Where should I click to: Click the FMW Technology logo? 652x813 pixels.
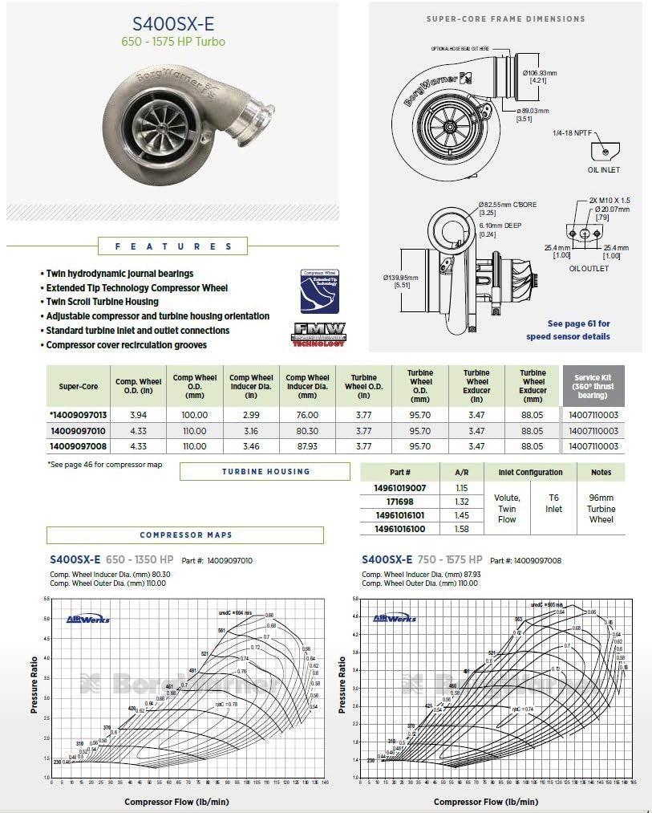tap(318, 333)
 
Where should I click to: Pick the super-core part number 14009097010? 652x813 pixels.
tap(78, 431)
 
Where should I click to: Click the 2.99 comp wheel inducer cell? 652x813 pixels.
tap(251, 415)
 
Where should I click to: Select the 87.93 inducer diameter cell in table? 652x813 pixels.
tap(307, 446)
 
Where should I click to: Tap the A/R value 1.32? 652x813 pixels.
tap(461, 502)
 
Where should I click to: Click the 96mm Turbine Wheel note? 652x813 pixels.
tap(601, 509)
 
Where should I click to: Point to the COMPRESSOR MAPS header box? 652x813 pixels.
tap(184, 535)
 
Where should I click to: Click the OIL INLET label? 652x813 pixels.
tap(603, 170)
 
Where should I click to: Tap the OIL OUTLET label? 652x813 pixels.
tap(589, 268)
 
